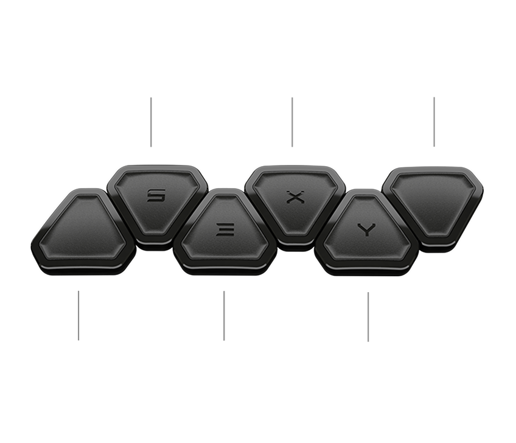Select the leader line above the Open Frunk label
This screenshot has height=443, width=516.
(x=78, y=315)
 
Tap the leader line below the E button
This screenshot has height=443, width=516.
(x=224, y=315)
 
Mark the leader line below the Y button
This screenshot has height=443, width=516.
(x=368, y=316)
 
